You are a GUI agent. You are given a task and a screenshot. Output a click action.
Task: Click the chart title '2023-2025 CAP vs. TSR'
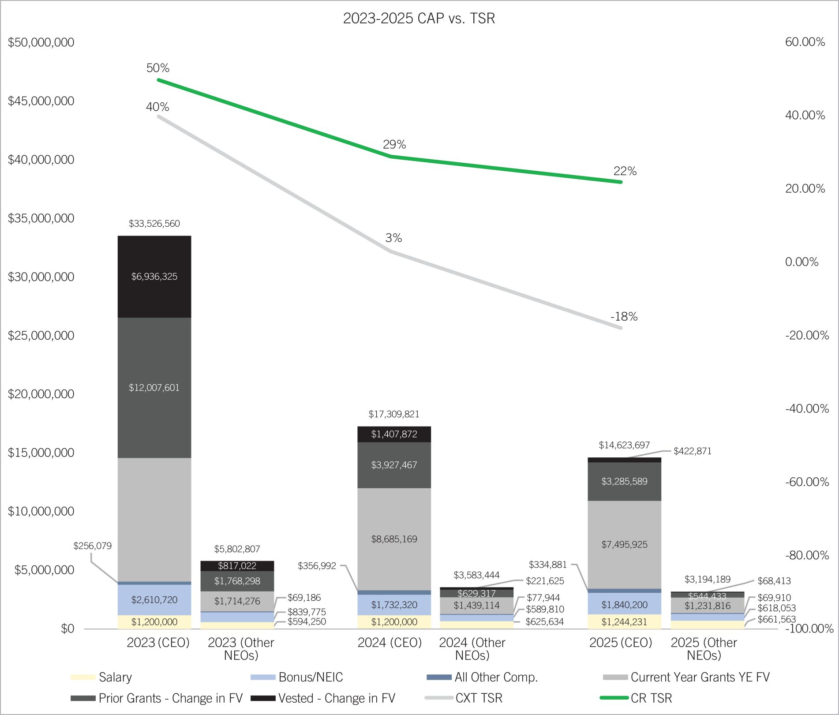click(419, 18)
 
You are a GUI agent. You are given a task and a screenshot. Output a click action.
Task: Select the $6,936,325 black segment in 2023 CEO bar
click(154, 277)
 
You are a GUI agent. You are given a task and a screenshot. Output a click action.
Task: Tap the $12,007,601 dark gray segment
click(154, 388)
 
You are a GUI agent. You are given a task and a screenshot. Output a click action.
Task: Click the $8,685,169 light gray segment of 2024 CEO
click(394, 539)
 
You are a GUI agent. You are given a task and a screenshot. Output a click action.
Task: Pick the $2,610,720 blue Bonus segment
click(154, 600)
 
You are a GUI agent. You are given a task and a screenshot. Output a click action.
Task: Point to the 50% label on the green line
click(157, 68)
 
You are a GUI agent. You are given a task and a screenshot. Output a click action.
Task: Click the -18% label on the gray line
click(624, 317)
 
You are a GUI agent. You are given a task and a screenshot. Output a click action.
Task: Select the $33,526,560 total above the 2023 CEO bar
click(154, 224)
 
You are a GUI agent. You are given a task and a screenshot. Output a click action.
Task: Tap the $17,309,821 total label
click(394, 414)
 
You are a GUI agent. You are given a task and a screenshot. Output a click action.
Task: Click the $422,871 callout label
click(692, 451)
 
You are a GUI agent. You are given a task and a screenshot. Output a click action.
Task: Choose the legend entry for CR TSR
click(651, 698)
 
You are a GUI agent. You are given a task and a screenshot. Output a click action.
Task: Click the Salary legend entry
click(115, 677)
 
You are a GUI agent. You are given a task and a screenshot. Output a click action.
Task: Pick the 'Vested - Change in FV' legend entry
click(336, 698)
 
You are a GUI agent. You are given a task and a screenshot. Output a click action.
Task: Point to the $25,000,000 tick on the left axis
click(41, 336)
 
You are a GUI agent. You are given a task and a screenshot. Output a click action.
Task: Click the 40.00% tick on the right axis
click(805, 115)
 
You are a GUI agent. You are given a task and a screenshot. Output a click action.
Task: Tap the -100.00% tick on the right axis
click(809, 629)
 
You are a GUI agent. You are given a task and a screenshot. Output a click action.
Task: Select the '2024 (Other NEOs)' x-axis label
click(472, 649)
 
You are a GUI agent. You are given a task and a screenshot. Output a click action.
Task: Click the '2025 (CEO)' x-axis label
click(620, 643)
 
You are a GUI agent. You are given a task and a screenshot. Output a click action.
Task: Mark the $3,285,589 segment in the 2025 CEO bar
click(624, 481)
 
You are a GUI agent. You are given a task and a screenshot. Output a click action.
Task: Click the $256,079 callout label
click(92, 546)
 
